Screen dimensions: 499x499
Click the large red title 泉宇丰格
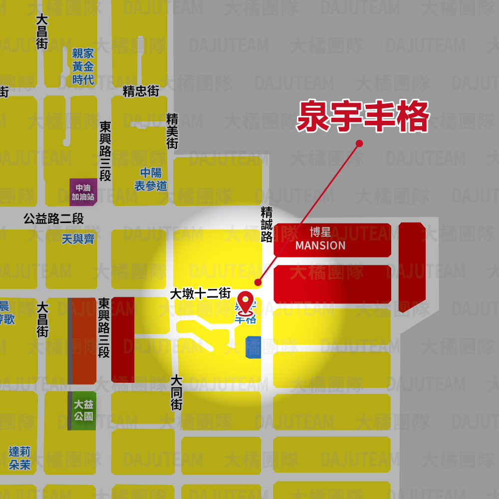(363, 117)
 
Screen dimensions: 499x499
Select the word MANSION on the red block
(320, 246)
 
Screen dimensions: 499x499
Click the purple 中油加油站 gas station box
(83, 192)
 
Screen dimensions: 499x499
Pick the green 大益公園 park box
(83, 410)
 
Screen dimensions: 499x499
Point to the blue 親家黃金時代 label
(83, 66)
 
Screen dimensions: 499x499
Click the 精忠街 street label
(141, 91)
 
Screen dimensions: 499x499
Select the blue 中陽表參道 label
(150, 180)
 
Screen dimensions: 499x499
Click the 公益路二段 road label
(53, 219)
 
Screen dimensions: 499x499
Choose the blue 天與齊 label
(78, 240)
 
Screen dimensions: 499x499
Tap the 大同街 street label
(176, 393)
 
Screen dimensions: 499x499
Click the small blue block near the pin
(253, 347)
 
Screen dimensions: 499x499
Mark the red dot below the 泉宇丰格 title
(359, 144)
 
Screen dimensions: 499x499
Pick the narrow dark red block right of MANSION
(412, 267)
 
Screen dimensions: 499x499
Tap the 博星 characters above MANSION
(320, 232)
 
